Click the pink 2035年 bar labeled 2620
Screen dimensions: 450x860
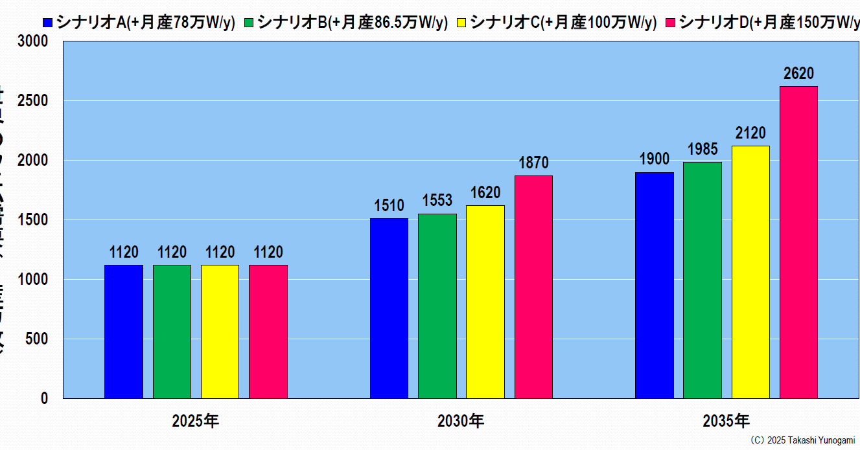[798, 242]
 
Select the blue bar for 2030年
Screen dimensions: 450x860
[389, 308]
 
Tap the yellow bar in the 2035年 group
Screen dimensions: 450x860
[750, 272]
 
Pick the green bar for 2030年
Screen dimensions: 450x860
[437, 306]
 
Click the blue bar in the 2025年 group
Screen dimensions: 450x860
[123, 332]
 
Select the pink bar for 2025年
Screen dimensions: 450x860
[268, 332]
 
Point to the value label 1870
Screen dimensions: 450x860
[534, 163]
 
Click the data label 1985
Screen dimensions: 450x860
[702, 150]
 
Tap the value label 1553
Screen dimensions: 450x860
[437, 201]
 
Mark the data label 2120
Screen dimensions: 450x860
[750, 133]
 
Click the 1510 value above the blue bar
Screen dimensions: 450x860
[389, 206]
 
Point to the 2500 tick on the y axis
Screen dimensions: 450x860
[36, 101]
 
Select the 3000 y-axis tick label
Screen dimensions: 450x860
[36, 41]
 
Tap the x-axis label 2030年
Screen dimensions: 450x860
[461, 422]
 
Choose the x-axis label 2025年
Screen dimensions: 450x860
[196, 422]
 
